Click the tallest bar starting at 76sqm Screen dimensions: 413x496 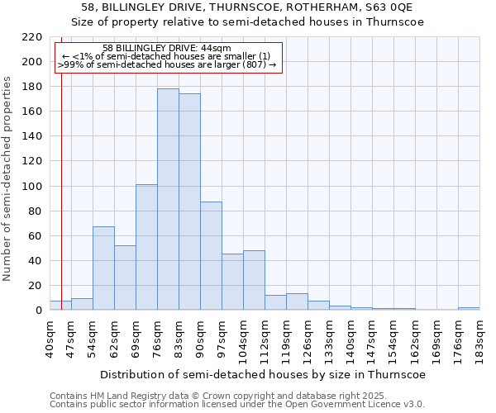tap(168, 199)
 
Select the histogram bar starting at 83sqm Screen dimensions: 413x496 tap(189, 202)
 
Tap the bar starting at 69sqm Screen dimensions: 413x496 tap(146, 247)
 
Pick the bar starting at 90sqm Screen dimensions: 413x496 tap(211, 256)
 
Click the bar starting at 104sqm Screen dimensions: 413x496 tap(254, 280)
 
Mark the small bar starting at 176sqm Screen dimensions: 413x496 tap(469, 308)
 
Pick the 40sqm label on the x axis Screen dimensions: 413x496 tap(50, 337)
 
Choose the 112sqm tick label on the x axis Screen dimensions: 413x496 tap(265, 339)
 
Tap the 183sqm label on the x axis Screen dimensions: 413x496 tap(479, 339)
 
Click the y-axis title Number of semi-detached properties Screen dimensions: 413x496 tap(8, 178)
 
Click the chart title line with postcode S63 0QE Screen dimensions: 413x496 tap(248, 7)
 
